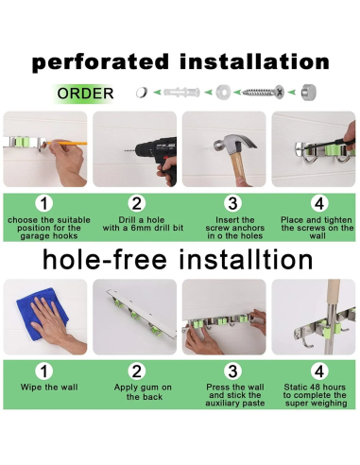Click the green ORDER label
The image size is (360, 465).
click(85, 94)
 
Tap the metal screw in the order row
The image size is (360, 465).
click(264, 93)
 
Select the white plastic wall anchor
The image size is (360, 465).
click(181, 93)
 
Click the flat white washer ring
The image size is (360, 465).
click(223, 93)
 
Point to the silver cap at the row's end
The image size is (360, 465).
click(308, 93)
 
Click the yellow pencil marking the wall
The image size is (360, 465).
click(66, 144)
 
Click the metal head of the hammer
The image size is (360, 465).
click(234, 143)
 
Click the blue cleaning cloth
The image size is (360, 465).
click(42, 314)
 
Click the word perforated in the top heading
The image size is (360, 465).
click(100, 62)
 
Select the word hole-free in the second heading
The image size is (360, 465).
click(105, 260)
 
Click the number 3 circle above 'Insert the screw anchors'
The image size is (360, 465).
click(232, 203)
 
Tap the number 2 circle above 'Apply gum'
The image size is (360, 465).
click(137, 371)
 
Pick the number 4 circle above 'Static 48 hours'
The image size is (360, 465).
click(319, 371)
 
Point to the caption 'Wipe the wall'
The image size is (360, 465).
click(49, 387)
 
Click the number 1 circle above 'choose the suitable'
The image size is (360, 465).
click(44, 203)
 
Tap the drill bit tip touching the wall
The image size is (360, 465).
click(125, 151)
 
